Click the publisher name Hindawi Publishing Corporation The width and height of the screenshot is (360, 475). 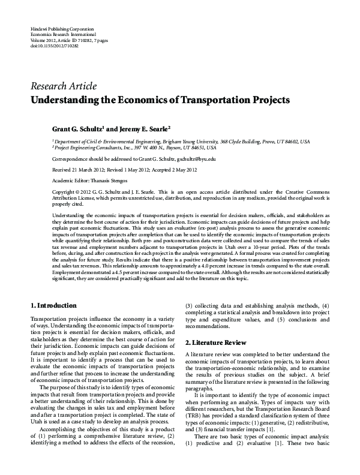(61, 29)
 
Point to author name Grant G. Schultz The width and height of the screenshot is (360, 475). (77, 128)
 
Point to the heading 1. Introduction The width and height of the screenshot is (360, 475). (53, 305)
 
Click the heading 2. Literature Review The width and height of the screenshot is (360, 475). (215, 342)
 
